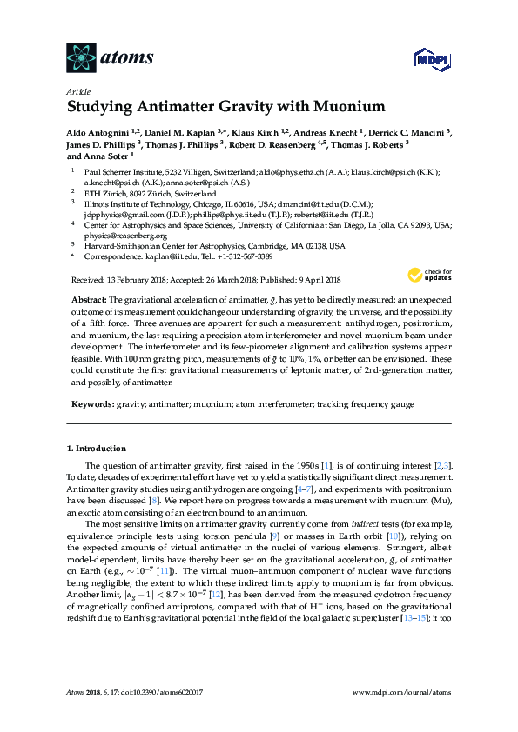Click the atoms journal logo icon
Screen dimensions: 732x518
[x=82, y=57]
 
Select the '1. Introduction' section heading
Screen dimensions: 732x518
[x=97, y=449]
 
